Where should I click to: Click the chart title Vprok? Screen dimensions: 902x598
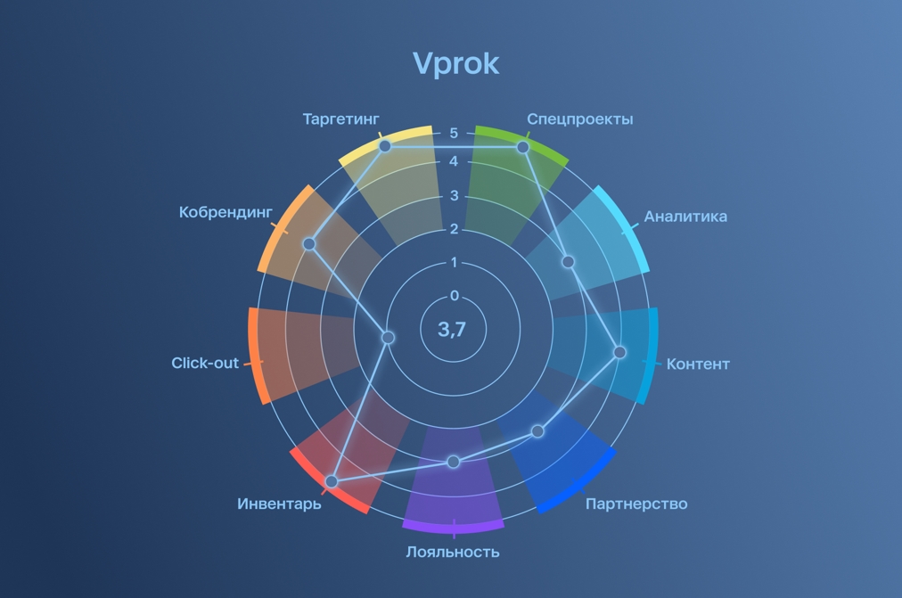[x=455, y=64]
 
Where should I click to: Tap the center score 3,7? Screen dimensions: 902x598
[x=452, y=330]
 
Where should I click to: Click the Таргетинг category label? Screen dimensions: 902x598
[x=340, y=119]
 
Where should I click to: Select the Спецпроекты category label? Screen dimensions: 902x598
[x=579, y=119]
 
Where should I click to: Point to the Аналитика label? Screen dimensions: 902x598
[x=685, y=217]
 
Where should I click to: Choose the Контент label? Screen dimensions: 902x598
[x=698, y=364]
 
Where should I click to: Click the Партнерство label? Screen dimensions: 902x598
[x=636, y=504]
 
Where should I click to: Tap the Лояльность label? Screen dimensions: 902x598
[x=453, y=552]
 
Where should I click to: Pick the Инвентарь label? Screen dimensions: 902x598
[x=279, y=504]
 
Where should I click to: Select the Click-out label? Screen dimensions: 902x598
[x=205, y=363]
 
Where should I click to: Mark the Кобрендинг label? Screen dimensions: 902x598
[x=225, y=212]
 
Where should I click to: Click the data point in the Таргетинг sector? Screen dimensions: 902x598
[x=385, y=145]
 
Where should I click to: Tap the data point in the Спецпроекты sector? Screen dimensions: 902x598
[x=523, y=147]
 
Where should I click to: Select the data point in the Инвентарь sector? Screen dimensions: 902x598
[x=332, y=481]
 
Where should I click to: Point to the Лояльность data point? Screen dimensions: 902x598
[x=454, y=462]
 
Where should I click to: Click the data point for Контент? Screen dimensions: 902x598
[x=620, y=352]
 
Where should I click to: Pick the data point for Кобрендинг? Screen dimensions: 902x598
[x=309, y=244]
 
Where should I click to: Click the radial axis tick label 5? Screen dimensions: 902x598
[x=454, y=134]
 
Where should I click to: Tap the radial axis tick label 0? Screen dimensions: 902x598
[x=455, y=296]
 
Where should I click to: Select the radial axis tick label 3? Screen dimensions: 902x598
[x=454, y=196]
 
